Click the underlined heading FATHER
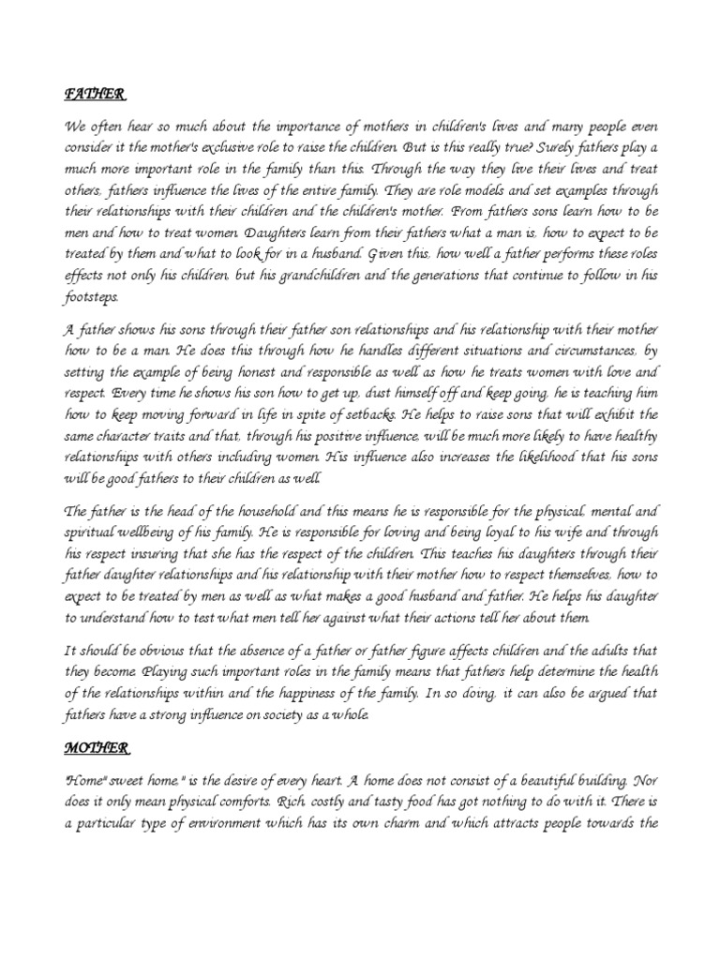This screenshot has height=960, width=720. coord(94,95)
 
